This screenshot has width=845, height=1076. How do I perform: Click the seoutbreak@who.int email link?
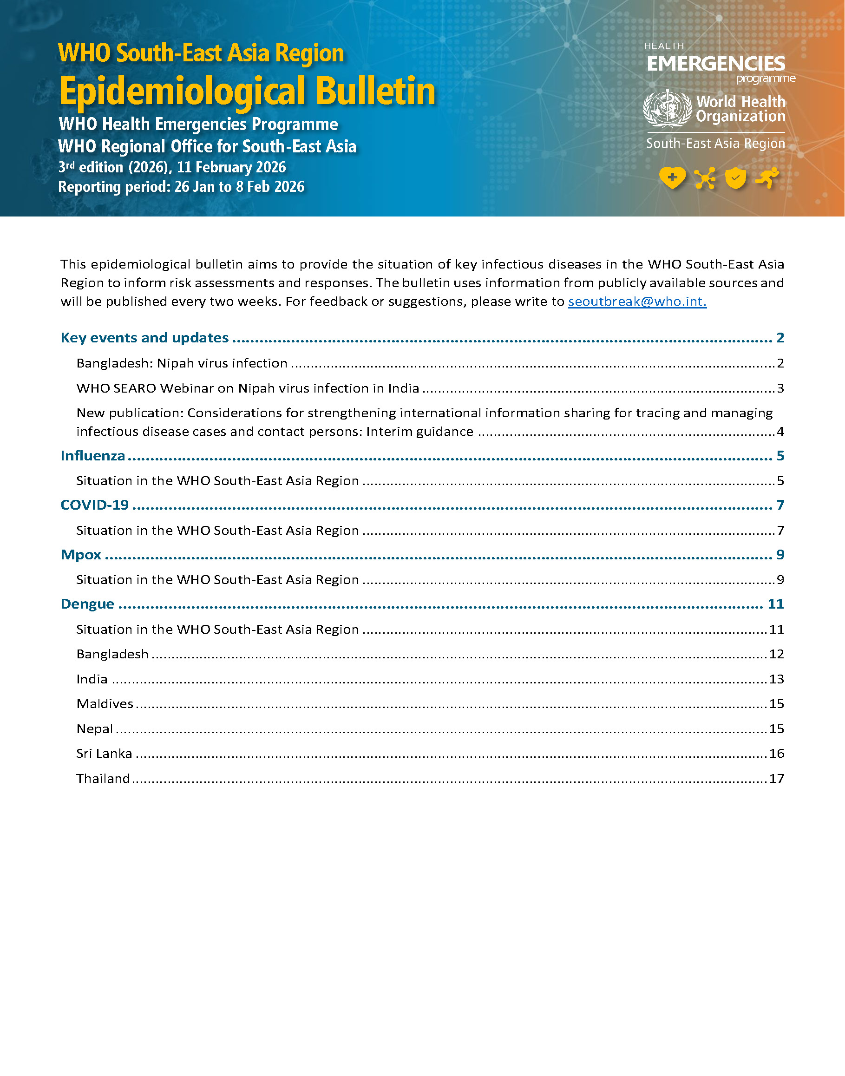[637, 302]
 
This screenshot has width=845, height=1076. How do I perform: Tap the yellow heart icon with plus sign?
[672, 177]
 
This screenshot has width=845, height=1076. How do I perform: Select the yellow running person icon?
[767, 177]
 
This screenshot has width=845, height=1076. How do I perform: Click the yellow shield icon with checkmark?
[735, 178]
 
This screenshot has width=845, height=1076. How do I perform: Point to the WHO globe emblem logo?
[667, 109]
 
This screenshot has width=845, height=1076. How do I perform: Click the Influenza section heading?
[93, 456]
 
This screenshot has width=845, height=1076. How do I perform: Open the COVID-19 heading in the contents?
[94, 505]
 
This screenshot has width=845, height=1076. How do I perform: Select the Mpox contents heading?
[81, 555]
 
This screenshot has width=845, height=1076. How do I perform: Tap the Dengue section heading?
[87, 604]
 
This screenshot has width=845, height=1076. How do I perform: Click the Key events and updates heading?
[144, 338]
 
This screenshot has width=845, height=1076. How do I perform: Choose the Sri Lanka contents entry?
[105, 754]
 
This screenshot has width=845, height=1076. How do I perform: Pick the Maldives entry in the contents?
[105, 704]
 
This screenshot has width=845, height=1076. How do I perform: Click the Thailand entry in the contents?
[103, 779]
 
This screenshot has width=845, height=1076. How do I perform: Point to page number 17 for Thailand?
[776, 779]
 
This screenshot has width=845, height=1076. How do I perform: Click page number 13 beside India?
[776, 679]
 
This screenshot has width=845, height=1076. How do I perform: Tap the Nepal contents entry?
[94, 728]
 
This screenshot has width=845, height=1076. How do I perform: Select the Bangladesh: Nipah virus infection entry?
[182, 364]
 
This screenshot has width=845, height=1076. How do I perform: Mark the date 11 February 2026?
[231, 167]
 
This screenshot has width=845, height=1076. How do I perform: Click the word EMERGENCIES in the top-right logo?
[716, 64]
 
